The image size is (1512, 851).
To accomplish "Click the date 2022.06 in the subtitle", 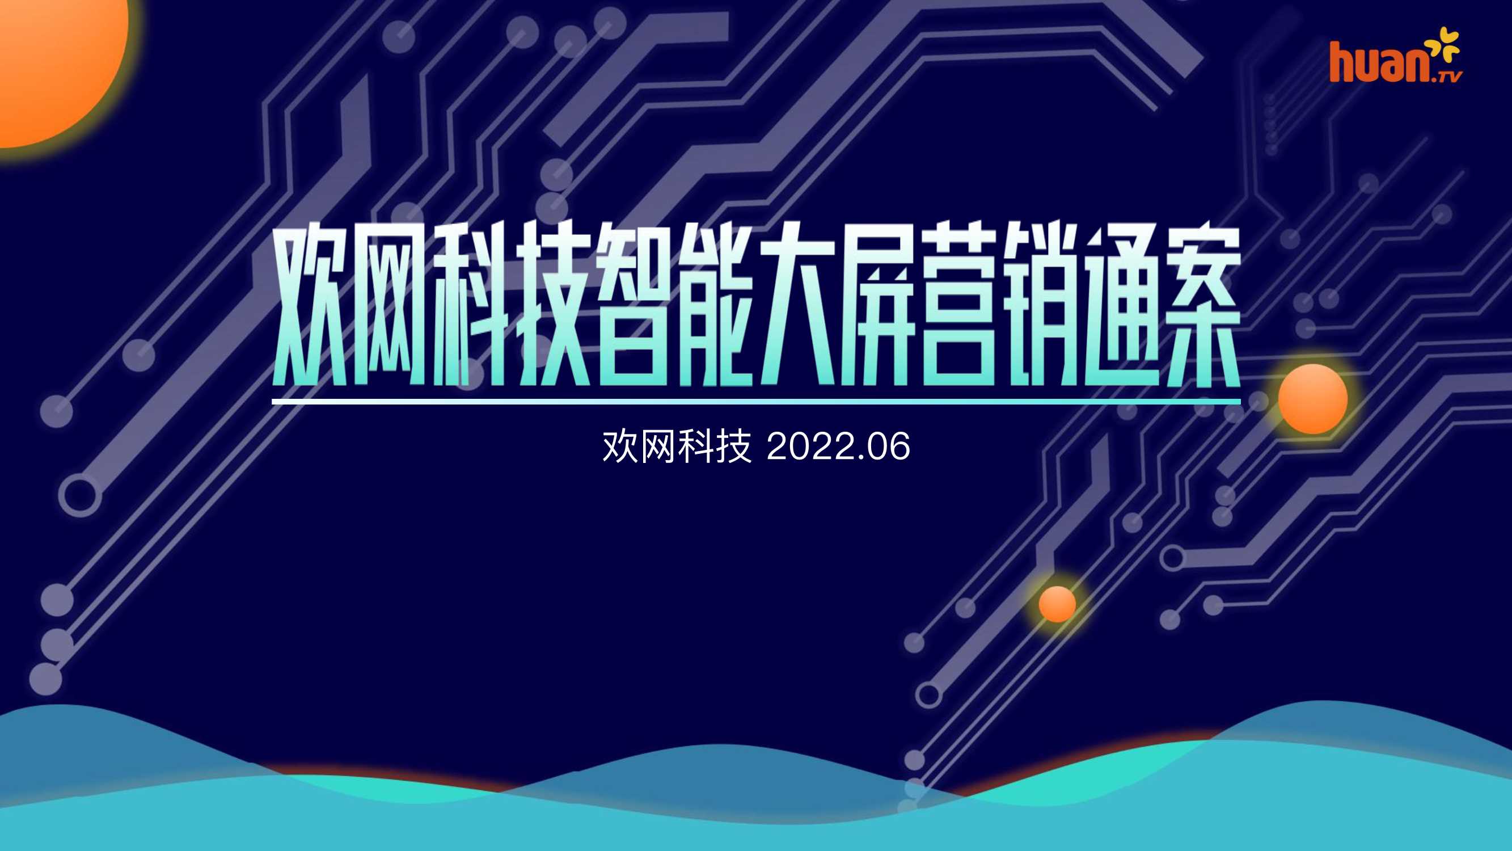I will [x=838, y=446].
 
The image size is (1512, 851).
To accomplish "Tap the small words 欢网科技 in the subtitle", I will [x=677, y=446].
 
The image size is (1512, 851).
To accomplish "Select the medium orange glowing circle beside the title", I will [x=1312, y=399].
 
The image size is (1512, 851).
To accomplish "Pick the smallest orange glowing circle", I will [x=1057, y=603].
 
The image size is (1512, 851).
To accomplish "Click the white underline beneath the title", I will [x=756, y=402].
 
